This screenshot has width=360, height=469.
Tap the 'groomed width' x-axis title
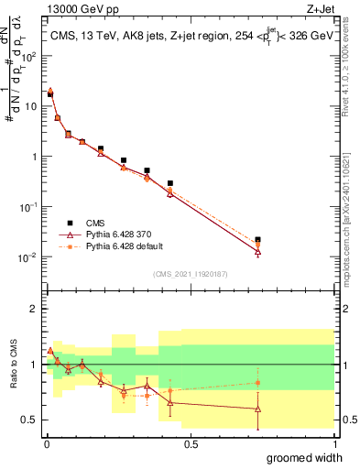[x=302, y=457]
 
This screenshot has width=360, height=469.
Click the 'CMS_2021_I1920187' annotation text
[x=190, y=272]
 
